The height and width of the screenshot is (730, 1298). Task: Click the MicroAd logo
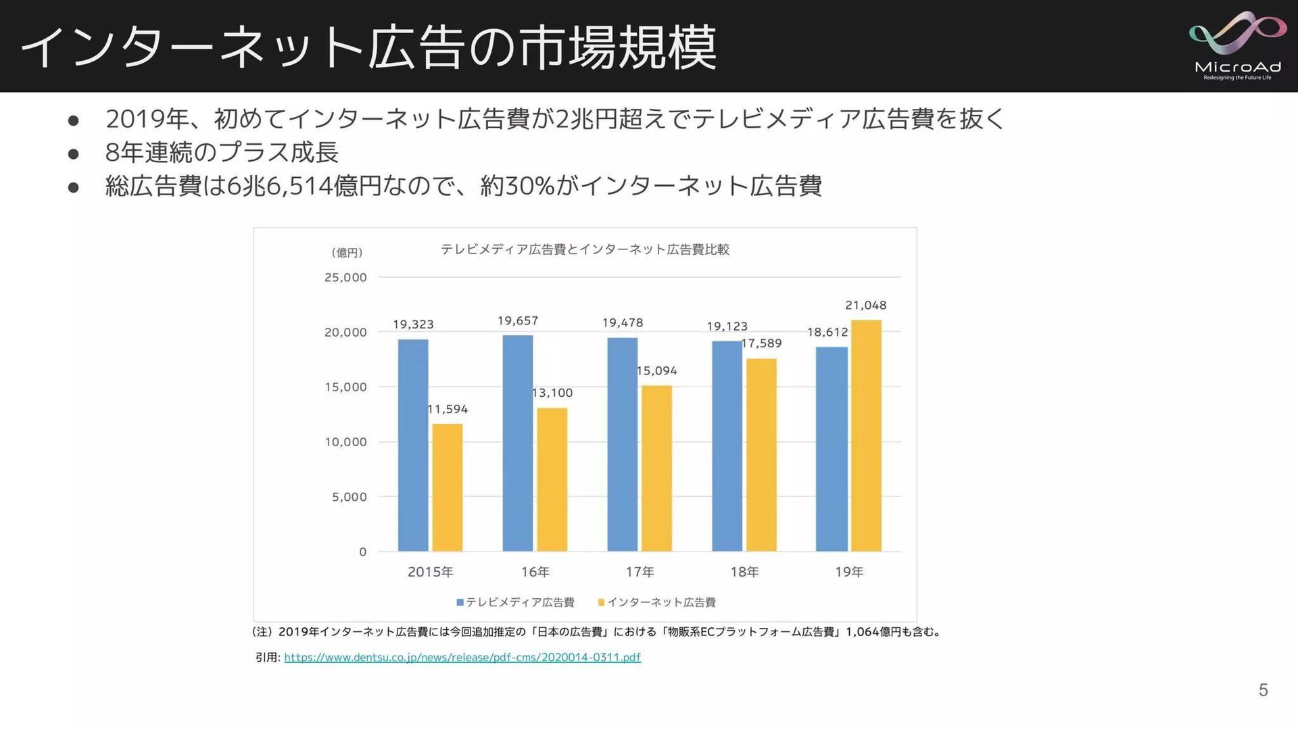(x=1237, y=46)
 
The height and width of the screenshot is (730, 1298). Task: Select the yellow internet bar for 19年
(x=866, y=435)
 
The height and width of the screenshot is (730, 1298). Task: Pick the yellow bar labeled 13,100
(x=552, y=479)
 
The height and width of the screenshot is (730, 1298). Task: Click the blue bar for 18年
(x=727, y=446)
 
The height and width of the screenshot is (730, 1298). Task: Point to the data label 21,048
(x=865, y=306)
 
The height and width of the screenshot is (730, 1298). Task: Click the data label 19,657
(x=518, y=321)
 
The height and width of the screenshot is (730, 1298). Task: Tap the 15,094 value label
(x=657, y=371)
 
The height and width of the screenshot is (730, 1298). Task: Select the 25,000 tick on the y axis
(x=345, y=278)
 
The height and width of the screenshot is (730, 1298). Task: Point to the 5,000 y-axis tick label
(x=349, y=497)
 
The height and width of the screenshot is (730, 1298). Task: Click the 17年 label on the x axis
(x=640, y=573)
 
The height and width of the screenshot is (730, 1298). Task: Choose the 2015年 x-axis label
(x=431, y=573)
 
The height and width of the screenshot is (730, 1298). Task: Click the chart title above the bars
(x=585, y=249)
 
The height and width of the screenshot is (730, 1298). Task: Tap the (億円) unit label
(x=347, y=253)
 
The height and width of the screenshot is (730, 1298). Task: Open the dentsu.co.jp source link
(x=462, y=658)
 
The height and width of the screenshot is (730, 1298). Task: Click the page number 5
(x=1263, y=690)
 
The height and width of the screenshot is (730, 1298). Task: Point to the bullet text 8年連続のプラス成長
(x=222, y=153)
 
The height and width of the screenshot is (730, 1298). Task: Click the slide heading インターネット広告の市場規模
(x=369, y=47)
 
